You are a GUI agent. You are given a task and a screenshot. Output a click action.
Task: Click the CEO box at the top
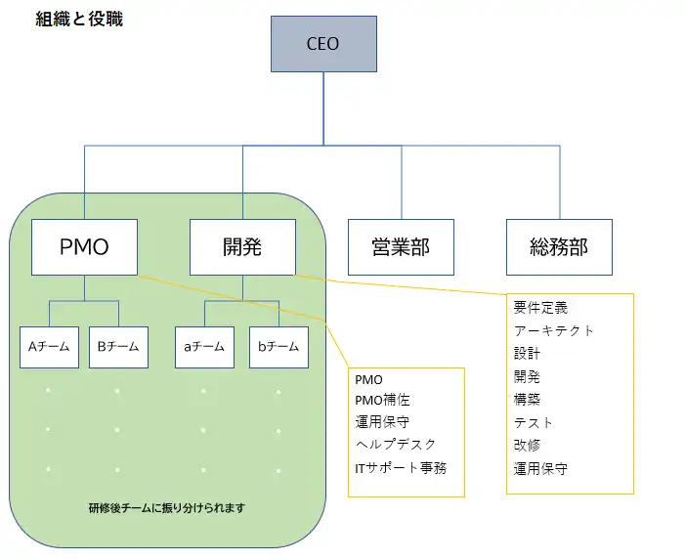click(323, 44)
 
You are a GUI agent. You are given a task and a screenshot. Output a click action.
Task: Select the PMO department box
click(84, 246)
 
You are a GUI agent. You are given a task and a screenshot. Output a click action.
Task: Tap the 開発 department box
click(242, 246)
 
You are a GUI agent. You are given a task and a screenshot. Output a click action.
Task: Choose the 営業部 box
click(401, 246)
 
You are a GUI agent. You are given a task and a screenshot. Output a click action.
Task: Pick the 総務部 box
click(560, 246)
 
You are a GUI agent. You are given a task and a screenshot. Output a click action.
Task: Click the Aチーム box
click(49, 346)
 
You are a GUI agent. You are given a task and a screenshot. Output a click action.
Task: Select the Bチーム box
click(118, 346)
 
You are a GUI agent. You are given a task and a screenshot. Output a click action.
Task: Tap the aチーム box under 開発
click(204, 346)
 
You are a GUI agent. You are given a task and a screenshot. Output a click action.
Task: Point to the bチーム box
click(278, 346)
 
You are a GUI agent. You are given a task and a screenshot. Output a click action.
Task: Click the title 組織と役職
click(79, 19)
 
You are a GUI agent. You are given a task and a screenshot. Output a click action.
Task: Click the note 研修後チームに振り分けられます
click(166, 507)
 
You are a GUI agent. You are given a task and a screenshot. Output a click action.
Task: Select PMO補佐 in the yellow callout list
click(382, 401)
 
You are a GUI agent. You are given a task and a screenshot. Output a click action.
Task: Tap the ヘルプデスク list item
click(396, 445)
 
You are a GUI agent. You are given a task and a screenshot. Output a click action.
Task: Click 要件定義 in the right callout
click(540, 307)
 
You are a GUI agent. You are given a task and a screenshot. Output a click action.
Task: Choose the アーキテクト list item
click(553, 330)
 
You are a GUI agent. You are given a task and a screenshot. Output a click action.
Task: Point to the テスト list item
click(534, 422)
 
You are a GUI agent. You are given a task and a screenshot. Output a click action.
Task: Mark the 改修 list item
click(527, 446)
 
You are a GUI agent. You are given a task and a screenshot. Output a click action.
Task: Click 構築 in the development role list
click(527, 399)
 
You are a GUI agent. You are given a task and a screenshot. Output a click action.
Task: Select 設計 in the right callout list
click(527, 353)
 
